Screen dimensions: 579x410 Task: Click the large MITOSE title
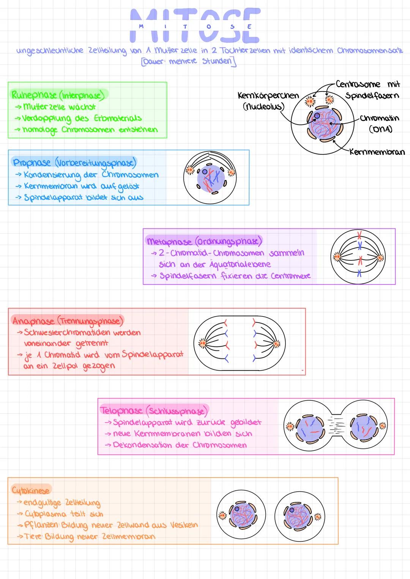[x=195, y=26]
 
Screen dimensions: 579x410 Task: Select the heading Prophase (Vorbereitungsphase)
[x=74, y=162]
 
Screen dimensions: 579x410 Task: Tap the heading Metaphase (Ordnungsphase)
[x=204, y=241]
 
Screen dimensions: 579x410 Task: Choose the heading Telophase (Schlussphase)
[x=154, y=410]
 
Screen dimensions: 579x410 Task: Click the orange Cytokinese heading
[x=31, y=490]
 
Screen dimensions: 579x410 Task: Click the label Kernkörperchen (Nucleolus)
[x=268, y=100]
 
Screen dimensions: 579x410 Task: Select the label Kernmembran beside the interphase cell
[x=377, y=152]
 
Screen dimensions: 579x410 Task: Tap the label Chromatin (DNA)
[x=380, y=123]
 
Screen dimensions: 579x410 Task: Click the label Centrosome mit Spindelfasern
[x=367, y=90]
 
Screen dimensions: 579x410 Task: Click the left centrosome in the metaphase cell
[x=336, y=257]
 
